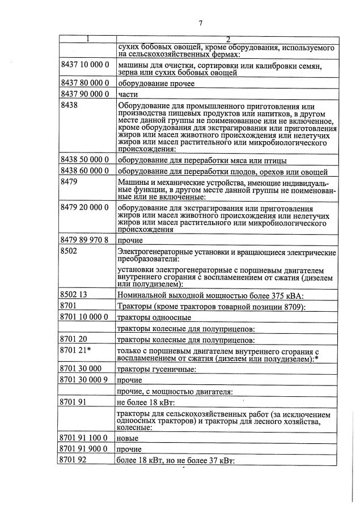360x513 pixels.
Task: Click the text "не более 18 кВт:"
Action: [146, 402]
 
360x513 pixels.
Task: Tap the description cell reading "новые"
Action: [127, 438]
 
